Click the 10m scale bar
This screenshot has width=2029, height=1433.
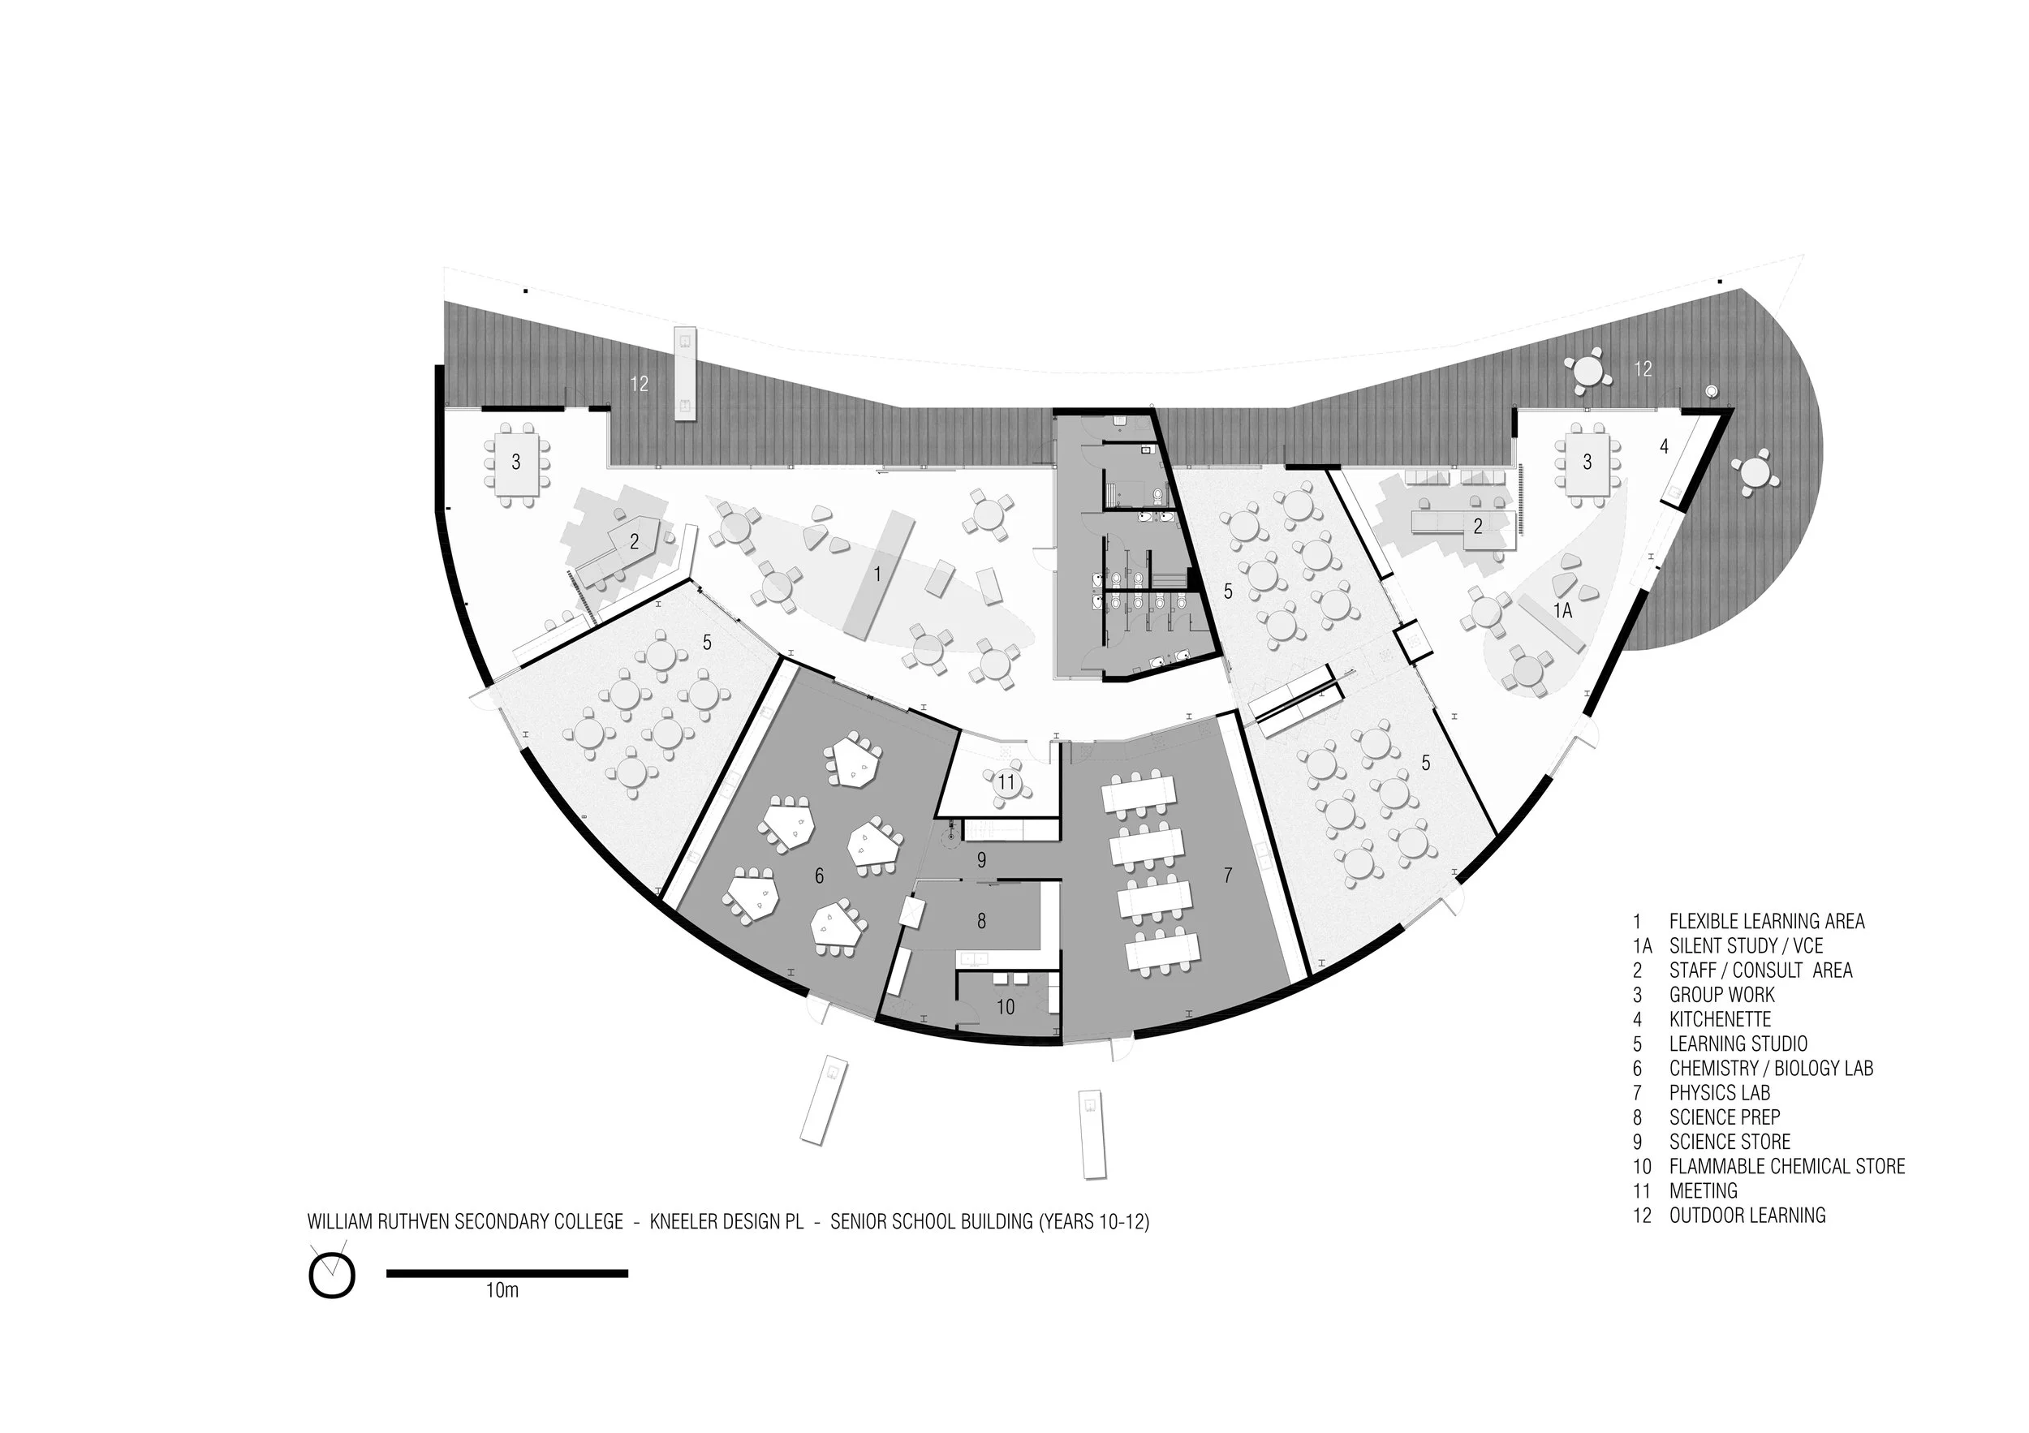point(506,1273)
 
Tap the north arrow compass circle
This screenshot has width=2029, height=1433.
point(331,1276)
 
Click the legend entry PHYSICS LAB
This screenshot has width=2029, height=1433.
point(1719,1093)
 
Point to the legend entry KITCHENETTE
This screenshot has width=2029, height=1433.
point(1720,1018)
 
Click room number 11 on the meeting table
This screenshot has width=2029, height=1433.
point(1006,782)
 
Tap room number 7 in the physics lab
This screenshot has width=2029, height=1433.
point(1227,876)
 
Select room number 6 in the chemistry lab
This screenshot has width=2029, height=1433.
point(819,876)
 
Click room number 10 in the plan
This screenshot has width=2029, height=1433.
point(1006,1006)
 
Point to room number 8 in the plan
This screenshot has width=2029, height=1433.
point(981,921)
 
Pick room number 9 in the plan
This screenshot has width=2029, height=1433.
point(981,859)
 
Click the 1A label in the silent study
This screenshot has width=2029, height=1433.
point(1562,610)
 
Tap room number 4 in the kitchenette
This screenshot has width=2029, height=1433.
point(1664,447)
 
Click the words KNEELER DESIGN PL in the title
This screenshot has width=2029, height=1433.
point(726,1222)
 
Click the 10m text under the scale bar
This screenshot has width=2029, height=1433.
point(502,1291)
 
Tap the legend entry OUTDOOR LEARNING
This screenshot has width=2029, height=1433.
point(1747,1216)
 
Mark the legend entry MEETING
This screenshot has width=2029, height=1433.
point(1703,1191)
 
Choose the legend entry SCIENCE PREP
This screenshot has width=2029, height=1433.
point(1724,1117)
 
